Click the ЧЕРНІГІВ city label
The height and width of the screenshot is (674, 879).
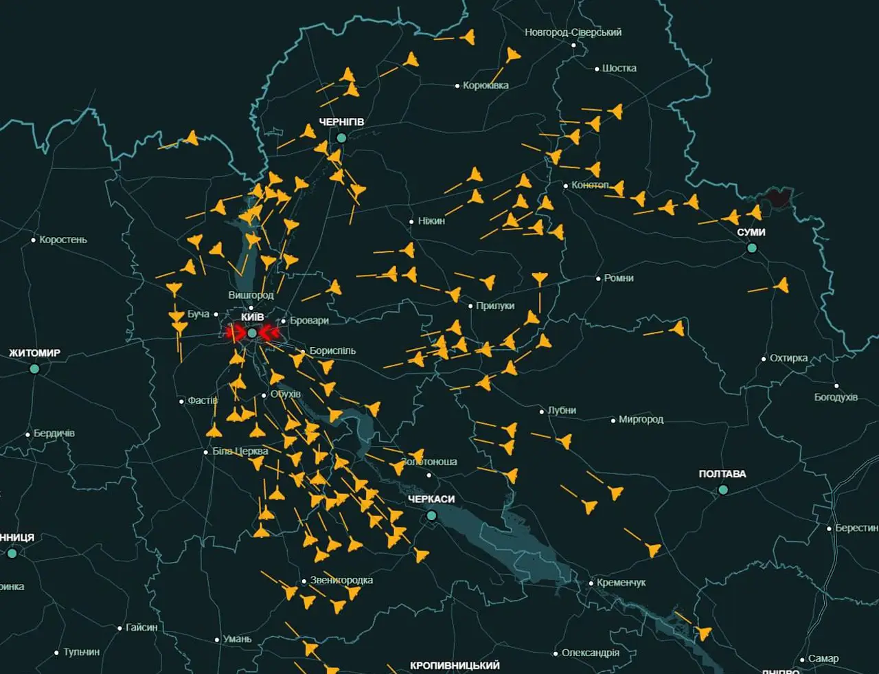pyautogui.click(x=341, y=122)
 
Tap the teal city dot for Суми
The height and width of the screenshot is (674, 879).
pyautogui.click(x=752, y=247)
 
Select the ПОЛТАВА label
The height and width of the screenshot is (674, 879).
pyautogui.click(x=722, y=474)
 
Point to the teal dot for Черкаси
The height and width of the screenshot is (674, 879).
pyautogui.click(x=431, y=515)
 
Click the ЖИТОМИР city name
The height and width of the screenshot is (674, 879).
pyautogui.click(x=34, y=353)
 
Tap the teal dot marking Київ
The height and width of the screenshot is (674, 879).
pyautogui.click(x=252, y=333)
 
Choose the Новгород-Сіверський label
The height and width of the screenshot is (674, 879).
pyautogui.click(x=573, y=32)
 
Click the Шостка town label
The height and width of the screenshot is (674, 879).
pyautogui.click(x=619, y=69)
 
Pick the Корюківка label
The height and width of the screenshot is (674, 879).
pyautogui.click(x=486, y=86)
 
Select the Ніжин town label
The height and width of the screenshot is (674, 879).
pyautogui.click(x=431, y=221)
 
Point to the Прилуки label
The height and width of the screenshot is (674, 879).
pyautogui.click(x=494, y=306)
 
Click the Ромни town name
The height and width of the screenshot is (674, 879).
pyautogui.click(x=618, y=278)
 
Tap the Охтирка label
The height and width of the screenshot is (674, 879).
pyautogui.click(x=788, y=359)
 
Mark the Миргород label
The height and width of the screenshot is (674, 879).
pyautogui.click(x=641, y=420)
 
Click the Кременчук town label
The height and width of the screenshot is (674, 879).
pyautogui.click(x=621, y=583)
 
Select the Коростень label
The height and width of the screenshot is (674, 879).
pyautogui.click(x=63, y=240)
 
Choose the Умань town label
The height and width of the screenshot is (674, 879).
pyautogui.click(x=237, y=639)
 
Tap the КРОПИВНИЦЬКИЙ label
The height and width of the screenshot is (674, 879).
pyautogui.click(x=455, y=666)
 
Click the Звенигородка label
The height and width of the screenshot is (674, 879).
pyautogui.click(x=341, y=581)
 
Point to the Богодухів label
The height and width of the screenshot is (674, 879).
pyautogui.click(x=836, y=397)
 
